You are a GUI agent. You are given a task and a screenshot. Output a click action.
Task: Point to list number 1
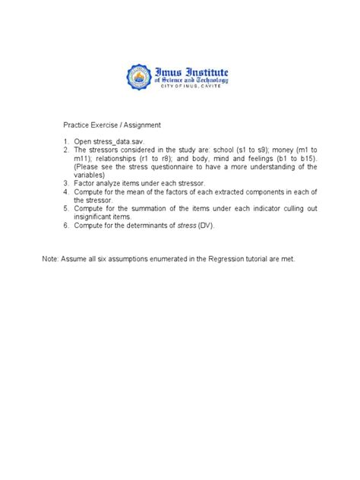click(66, 141)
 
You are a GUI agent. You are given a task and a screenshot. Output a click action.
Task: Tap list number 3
click(66, 183)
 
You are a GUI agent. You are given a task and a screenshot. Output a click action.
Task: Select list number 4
click(66, 191)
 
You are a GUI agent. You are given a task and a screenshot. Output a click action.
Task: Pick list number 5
click(66, 208)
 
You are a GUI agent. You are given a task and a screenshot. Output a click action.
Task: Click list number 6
click(66, 226)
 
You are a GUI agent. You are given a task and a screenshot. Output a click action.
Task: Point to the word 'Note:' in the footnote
click(51, 259)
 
